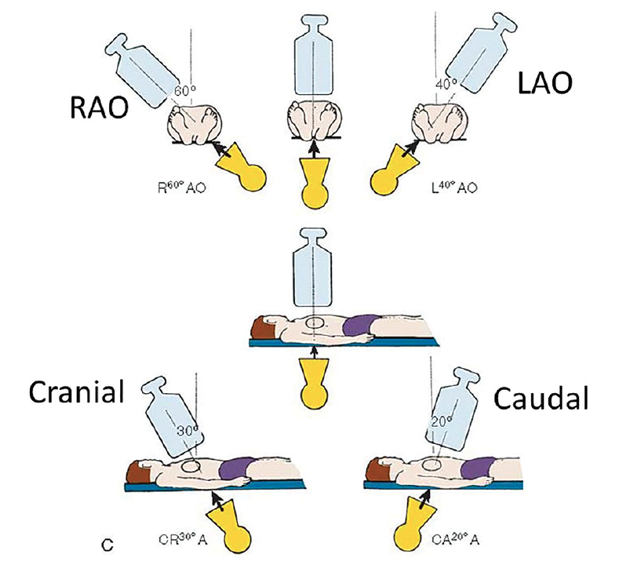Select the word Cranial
[x=76, y=392]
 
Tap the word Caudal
[x=541, y=399]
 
